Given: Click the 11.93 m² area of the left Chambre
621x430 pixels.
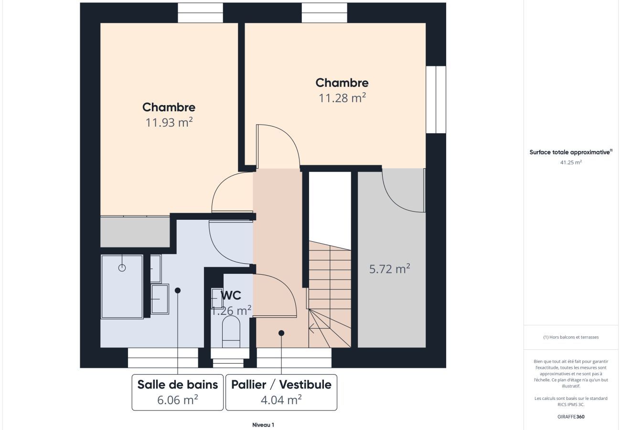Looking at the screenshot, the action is pyautogui.click(x=169, y=122).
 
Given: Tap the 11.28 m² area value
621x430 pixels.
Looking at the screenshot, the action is pyautogui.click(x=342, y=98).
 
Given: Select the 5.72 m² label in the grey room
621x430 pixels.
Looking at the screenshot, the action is pyautogui.click(x=389, y=269).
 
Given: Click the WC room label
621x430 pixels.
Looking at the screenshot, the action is pyautogui.click(x=231, y=296).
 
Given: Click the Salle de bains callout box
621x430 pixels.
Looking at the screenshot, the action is pyautogui.click(x=177, y=392).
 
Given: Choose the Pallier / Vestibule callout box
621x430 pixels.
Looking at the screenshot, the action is pyautogui.click(x=281, y=392).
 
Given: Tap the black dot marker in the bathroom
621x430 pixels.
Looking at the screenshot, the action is pyautogui.click(x=178, y=290).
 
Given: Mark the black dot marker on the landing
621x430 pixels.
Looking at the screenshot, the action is pyautogui.click(x=281, y=333).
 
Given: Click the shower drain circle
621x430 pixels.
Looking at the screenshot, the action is pyautogui.click(x=122, y=268).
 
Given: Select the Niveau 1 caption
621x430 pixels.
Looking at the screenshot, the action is pyautogui.click(x=263, y=425).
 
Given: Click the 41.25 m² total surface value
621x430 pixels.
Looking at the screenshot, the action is pyautogui.click(x=571, y=162).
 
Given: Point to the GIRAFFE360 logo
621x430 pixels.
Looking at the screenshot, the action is pyautogui.click(x=571, y=417).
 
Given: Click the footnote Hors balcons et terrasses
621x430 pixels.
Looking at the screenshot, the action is pyautogui.click(x=571, y=337).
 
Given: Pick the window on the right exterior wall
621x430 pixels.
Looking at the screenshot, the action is pyautogui.click(x=436, y=99).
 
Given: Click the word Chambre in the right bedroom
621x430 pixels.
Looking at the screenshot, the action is pyautogui.click(x=342, y=83).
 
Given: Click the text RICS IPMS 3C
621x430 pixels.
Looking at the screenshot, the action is pyautogui.click(x=571, y=405).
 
